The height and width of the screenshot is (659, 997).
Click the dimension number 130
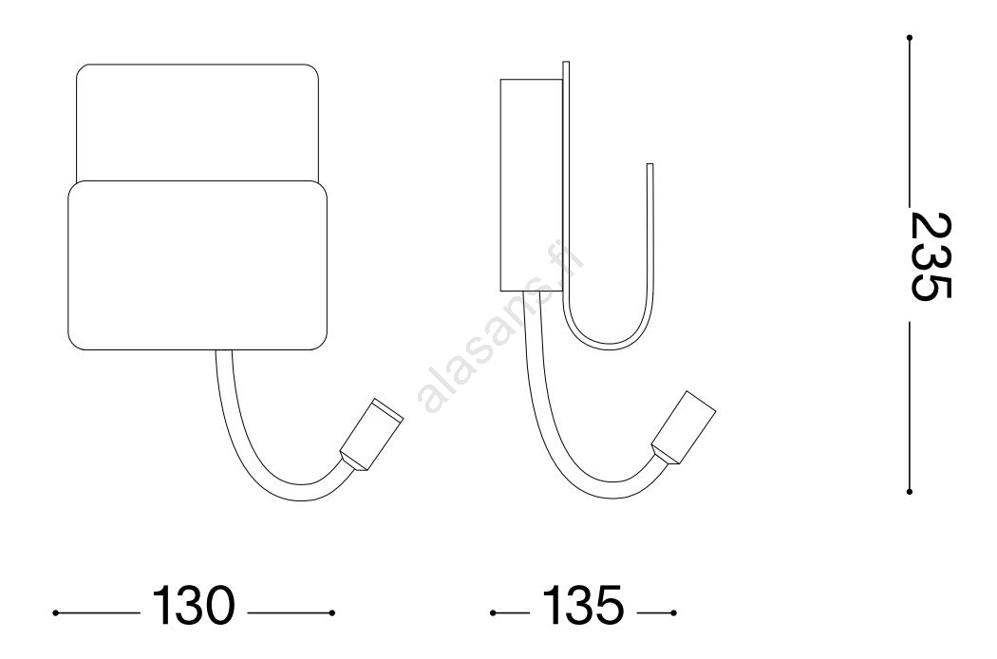[194, 605]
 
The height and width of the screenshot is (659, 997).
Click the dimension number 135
[582, 605]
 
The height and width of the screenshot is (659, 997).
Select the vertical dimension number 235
[931, 255]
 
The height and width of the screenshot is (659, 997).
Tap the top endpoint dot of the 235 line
[910, 38]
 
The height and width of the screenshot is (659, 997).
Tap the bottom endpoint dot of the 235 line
[910, 491]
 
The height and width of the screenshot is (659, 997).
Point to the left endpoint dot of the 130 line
[56, 613]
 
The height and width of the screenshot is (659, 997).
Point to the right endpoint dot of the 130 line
[332, 613]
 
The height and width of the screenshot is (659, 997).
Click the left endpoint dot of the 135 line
[493, 613]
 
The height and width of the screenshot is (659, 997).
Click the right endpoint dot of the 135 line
[673, 613]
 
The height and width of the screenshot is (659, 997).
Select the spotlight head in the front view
[372, 435]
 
